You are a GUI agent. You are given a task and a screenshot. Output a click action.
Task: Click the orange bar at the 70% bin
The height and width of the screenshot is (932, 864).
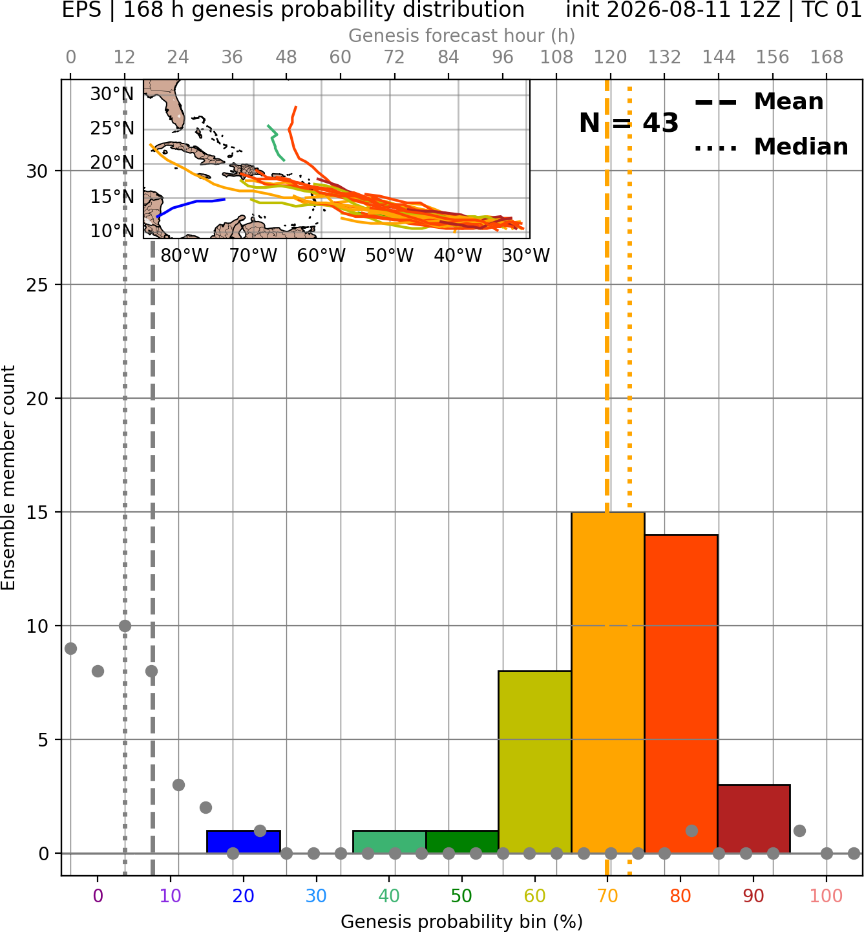point(607,683)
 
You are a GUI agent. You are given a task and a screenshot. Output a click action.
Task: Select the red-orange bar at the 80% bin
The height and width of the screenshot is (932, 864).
point(681,694)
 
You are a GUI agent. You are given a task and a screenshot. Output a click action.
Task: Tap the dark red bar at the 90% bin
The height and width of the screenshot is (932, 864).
point(753,819)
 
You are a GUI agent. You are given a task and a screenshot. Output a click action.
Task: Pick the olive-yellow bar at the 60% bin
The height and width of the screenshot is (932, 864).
point(535,762)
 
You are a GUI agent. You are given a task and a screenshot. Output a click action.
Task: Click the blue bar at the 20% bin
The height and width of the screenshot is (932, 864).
point(244,842)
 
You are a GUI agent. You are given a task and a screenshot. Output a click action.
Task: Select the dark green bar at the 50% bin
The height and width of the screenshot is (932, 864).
point(462,842)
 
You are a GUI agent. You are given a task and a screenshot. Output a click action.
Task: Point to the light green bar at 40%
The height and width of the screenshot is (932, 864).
point(390,842)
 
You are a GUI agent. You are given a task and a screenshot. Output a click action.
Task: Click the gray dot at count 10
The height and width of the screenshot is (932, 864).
point(125,626)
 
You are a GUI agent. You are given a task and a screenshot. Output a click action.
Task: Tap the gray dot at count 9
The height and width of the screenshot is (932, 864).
point(71,648)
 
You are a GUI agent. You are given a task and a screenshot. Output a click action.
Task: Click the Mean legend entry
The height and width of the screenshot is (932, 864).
point(759,102)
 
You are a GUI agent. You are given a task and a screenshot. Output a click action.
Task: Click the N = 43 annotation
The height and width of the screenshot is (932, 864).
point(629,123)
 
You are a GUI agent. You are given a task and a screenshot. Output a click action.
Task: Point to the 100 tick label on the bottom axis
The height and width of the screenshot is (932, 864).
point(827,896)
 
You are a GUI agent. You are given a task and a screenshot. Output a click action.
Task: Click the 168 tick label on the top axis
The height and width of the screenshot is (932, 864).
point(827,58)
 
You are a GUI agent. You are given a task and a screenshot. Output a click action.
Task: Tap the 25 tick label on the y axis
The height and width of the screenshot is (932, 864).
point(37,285)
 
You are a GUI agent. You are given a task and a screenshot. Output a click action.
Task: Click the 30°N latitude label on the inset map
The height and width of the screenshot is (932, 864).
point(112,94)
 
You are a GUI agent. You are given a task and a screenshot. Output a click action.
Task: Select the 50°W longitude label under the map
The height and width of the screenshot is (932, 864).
point(390,256)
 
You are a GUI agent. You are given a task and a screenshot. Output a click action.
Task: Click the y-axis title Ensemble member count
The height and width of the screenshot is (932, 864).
point(8,478)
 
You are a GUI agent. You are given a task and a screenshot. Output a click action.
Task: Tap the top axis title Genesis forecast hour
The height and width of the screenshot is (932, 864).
point(462,36)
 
